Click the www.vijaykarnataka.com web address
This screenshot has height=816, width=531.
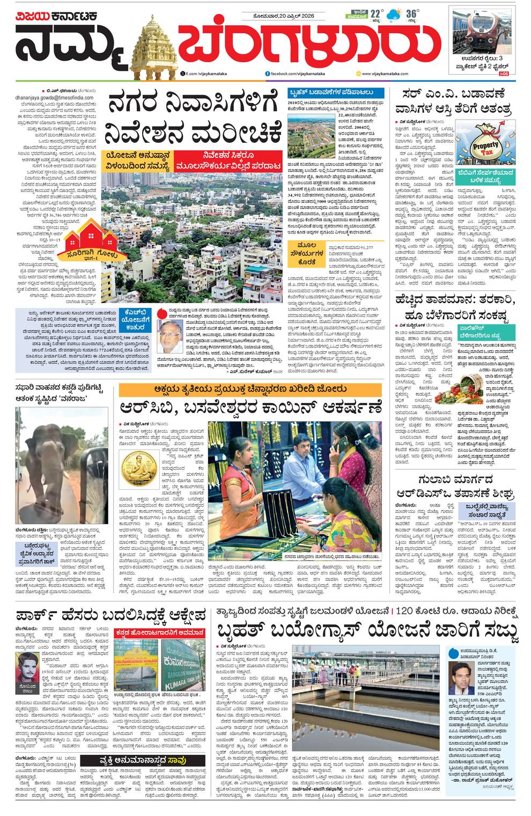pos(384,73)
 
